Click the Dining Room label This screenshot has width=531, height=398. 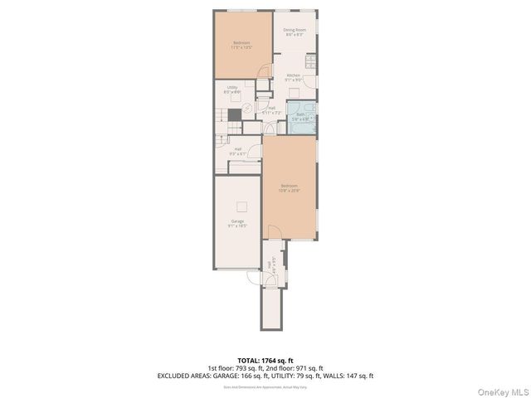tap(295, 32)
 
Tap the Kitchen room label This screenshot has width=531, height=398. tap(294, 77)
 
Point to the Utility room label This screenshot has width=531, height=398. tap(232, 90)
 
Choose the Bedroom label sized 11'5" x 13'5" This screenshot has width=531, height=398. tap(241, 45)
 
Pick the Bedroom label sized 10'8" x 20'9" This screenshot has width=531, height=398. tap(289, 187)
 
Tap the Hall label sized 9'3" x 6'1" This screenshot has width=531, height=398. tap(237, 152)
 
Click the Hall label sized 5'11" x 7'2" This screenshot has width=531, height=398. tap(271, 109)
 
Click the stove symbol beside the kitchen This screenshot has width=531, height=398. tap(311, 62)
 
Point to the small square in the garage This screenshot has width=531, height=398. tap(241, 206)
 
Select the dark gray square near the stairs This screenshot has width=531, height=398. tap(236, 114)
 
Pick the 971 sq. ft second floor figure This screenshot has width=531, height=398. tap(308, 367)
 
